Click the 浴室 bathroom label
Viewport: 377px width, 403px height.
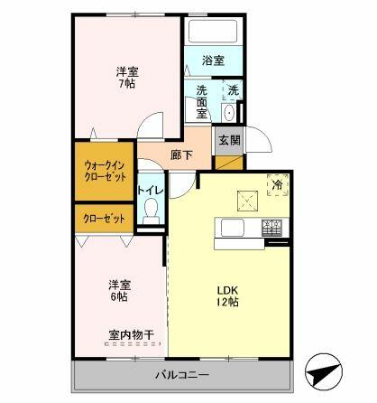coord(213,61)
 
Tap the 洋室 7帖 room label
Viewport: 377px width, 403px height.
coord(126,77)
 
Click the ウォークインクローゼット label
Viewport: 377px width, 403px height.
coord(105,172)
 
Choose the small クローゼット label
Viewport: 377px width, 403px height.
coord(105,219)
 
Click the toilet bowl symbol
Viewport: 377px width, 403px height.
coord(151,211)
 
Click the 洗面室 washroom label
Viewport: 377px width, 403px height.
coord(203,102)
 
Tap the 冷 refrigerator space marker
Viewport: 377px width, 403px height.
coord(278,185)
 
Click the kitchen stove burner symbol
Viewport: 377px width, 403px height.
coord(272,229)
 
